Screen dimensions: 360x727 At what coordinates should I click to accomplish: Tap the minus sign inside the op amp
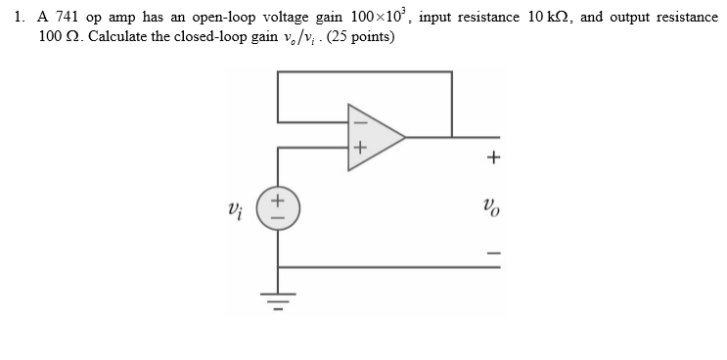coord(357,123)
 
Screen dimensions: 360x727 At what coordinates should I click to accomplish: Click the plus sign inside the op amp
coord(358,149)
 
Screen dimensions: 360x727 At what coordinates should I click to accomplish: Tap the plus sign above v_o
coord(494,157)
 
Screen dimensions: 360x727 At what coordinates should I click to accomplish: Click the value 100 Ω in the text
coord(57,36)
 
